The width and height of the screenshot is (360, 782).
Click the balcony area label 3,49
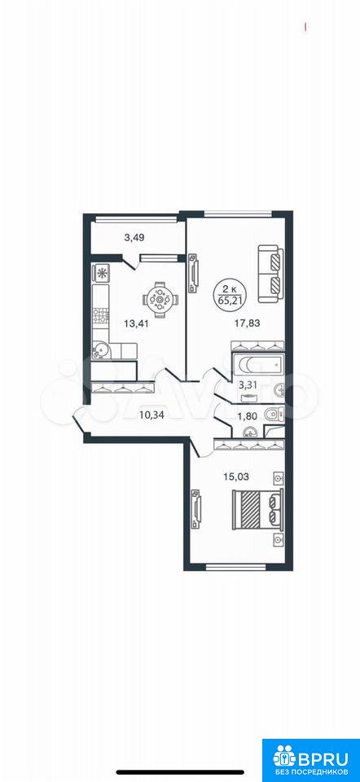134,238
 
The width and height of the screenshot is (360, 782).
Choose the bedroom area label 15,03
236,477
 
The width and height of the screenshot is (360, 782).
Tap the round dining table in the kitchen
160,299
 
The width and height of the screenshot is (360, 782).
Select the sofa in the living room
270,274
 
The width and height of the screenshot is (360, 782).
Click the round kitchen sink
102,350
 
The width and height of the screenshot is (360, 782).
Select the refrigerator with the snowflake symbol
101,273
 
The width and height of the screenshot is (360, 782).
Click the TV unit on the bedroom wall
196,508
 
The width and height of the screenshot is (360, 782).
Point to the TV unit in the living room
194,274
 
